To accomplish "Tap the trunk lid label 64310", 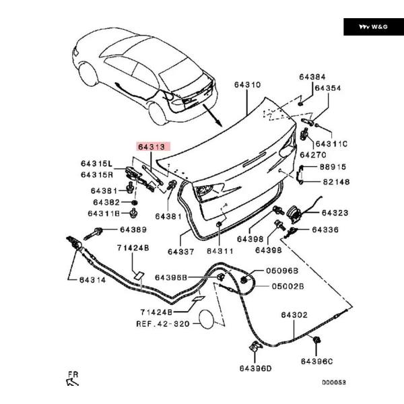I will click(x=247, y=86).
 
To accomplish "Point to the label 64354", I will click(x=327, y=88).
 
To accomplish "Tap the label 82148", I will click(x=335, y=182).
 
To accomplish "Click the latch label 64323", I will click(x=335, y=213).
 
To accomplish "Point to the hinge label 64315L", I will click(x=98, y=164).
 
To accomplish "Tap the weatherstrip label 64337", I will click(x=181, y=251).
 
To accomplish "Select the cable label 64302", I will click(x=294, y=314).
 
